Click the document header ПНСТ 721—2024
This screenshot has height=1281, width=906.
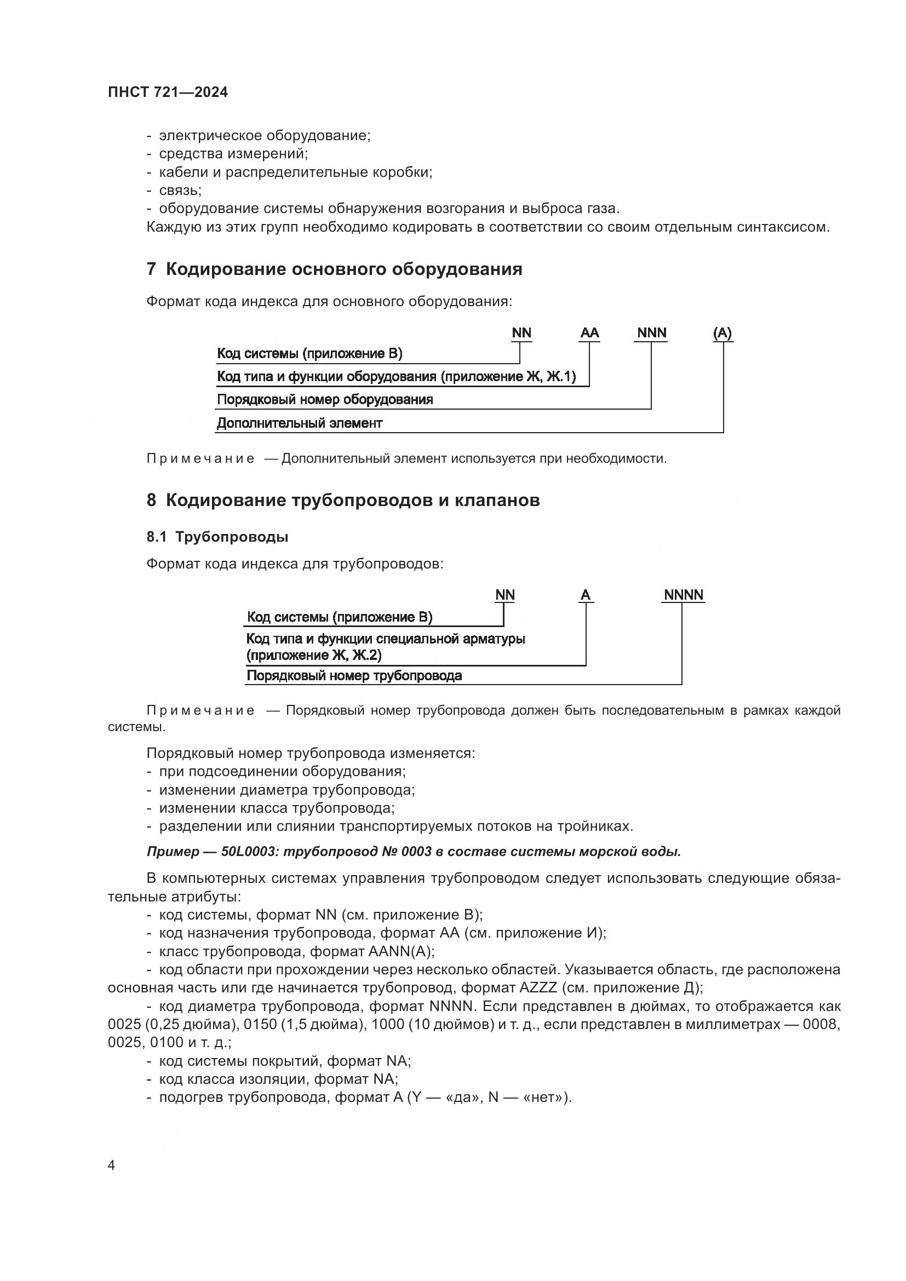(x=168, y=93)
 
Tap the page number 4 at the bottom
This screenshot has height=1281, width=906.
(x=111, y=1165)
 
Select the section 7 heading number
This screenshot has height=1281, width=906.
(x=151, y=269)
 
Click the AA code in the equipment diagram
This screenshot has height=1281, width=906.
(x=589, y=333)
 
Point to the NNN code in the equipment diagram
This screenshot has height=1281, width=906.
(x=652, y=333)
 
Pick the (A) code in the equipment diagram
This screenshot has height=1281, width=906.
(x=722, y=333)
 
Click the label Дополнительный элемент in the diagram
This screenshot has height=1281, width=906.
(x=300, y=423)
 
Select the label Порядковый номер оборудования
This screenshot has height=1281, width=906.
(x=325, y=399)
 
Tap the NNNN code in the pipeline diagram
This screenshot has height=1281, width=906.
(x=684, y=595)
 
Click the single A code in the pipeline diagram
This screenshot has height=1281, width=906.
(x=585, y=595)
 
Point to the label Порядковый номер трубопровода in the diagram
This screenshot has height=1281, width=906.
(x=354, y=676)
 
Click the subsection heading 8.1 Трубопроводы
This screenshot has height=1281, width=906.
(x=217, y=537)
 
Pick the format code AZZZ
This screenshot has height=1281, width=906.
(x=538, y=987)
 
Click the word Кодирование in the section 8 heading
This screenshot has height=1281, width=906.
(x=225, y=500)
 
